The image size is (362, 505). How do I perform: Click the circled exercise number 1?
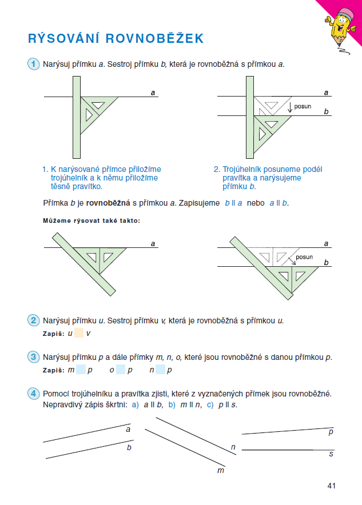click(x=34, y=64)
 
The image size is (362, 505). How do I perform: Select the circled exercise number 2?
click(x=34, y=320)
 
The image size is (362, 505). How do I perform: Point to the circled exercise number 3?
click(x=34, y=357)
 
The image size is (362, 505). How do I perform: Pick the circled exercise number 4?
click(x=34, y=394)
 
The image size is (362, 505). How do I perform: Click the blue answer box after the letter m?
click(x=81, y=370)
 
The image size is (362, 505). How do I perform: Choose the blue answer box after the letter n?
click(x=161, y=370)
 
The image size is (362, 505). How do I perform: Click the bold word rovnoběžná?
click(x=108, y=203)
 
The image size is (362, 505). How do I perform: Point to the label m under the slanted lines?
click(x=221, y=470)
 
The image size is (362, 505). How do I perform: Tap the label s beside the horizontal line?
click(x=331, y=454)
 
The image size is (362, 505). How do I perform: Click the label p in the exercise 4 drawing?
click(x=331, y=432)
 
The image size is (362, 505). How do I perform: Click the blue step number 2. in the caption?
click(x=217, y=169)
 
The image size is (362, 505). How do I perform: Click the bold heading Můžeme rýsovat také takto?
click(x=92, y=220)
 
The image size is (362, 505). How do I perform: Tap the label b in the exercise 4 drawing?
click(x=129, y=447)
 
